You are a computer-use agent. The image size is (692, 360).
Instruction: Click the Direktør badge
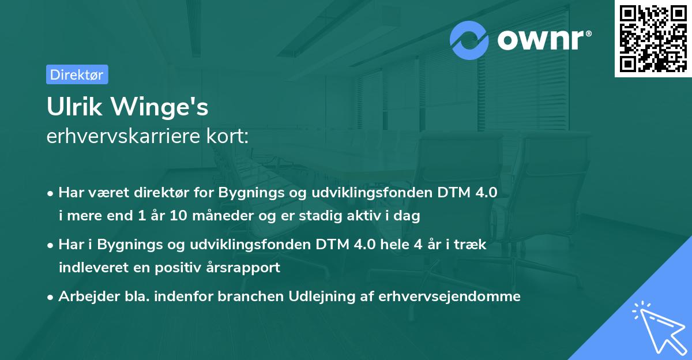pyautogui.click(x=77, y=74)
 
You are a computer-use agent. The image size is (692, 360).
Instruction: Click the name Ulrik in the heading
pyautogui.click(x=73, y=107)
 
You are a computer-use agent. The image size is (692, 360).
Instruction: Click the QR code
pyautogui.click(x=651, y=38)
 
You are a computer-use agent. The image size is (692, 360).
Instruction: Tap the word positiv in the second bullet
pyautogui.click(x=168, y=268)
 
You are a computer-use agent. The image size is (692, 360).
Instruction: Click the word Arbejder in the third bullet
pyautogui.click(x=85, y=297)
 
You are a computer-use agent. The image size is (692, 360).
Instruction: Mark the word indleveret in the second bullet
pyautogui.click(x=90, y=268)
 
